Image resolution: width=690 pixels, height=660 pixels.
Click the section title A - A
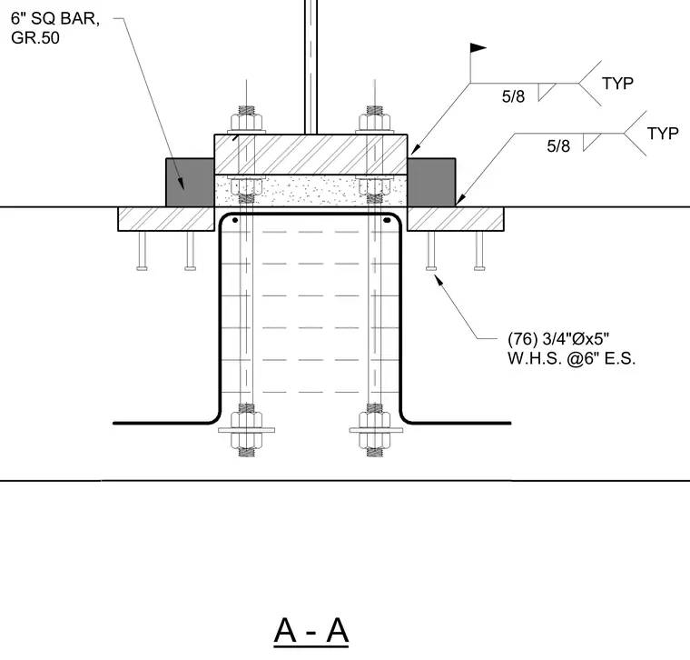click(311, 631)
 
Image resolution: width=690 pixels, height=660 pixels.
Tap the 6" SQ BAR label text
click(55, 18)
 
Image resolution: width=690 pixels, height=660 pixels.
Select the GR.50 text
click(35, 38)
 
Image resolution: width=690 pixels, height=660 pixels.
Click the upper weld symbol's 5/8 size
click(513, 96)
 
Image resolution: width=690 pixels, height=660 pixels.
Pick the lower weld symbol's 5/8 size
click(558, 145)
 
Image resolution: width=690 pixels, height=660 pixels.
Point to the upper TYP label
click(618, 84)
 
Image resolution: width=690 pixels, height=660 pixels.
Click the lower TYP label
click(663, 133)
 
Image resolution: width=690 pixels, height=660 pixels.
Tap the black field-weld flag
click(478, 47)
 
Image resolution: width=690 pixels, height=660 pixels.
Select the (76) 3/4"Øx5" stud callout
click(558, 339)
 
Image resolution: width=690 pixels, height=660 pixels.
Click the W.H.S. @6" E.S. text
click(572, 359)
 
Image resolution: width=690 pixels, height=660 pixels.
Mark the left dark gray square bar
click(190, 183)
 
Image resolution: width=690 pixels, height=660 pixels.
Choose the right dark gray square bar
click(431, 183)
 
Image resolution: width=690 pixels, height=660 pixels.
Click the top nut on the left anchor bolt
click(246, 122)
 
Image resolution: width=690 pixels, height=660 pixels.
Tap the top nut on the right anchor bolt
click(374, 122)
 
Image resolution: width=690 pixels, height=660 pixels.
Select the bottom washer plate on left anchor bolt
click(246, 430)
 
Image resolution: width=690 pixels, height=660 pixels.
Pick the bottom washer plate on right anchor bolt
click(375, 430)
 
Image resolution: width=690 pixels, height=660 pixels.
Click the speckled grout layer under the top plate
click(310, 190)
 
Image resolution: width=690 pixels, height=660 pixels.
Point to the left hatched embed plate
click(166, 219)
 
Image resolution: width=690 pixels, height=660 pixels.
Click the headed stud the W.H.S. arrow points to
click(431, 251)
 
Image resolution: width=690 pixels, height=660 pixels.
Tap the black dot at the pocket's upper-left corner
click(235, 220)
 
